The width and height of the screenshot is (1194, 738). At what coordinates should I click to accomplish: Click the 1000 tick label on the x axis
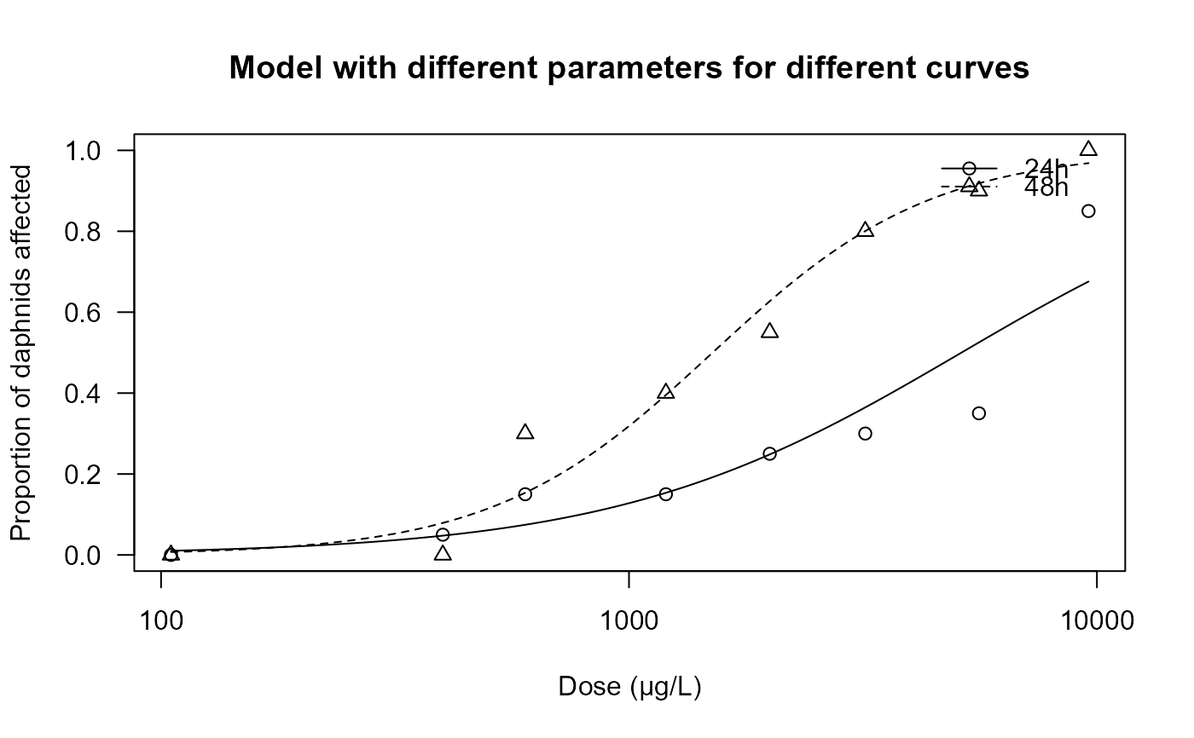pos(629,621)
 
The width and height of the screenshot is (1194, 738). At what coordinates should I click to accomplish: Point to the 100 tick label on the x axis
pos(161,621)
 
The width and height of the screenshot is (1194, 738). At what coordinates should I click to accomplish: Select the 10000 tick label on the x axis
pos(1096,621)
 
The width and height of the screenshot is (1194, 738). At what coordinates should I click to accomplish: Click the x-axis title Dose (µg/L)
pos(629,687)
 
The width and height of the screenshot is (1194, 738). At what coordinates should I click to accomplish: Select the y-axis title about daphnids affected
pos(22,352)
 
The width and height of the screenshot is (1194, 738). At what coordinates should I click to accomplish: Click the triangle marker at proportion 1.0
pos(1088,149)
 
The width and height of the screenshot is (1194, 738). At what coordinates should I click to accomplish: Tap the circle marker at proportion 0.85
pos(1088,211)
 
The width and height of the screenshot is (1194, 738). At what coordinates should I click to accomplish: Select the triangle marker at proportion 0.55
pos(769,331)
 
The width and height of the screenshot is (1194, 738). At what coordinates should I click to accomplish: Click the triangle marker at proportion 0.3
pos(525,432)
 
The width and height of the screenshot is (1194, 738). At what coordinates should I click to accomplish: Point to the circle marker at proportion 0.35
pos(978,413)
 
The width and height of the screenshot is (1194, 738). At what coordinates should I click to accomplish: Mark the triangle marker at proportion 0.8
pos(866,230)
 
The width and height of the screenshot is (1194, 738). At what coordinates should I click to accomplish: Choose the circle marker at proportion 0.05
pos(443,534)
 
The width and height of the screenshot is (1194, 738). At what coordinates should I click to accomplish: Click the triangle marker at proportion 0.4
pos(666,392)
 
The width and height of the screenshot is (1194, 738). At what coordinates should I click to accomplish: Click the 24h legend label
pos(1046,168)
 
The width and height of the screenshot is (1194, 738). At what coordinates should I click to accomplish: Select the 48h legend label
pos(1046,188)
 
